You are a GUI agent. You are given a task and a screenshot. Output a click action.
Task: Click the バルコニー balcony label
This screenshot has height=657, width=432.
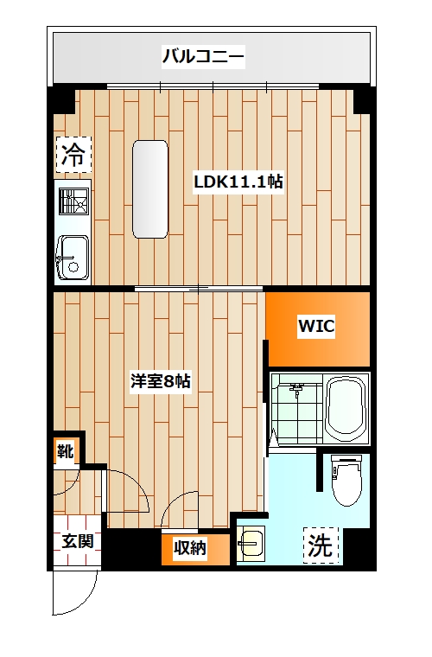pyautogui.click(x=204, y=59)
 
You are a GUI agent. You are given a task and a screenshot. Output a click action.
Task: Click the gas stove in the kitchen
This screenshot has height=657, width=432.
pyautogui.click(x=73, y=203)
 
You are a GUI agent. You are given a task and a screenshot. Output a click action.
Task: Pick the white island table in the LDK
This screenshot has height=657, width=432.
pyautogui.click(x=149, y=188)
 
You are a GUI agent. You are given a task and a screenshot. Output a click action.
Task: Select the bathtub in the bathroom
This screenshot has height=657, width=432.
pyautogui.click(x=348, y=409)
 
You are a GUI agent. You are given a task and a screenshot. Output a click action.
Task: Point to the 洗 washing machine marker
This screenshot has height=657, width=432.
pyautogui.click(x=321, y=546)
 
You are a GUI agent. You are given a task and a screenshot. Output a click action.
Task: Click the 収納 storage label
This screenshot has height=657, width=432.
pyautogui.click(x=189, y=548)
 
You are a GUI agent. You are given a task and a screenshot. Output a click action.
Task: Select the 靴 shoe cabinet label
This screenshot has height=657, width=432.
pyautogui.click(x=66, y=450)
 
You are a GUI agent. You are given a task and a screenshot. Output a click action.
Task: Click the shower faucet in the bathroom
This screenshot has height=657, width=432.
pyautogui.click(x=297, y=391)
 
